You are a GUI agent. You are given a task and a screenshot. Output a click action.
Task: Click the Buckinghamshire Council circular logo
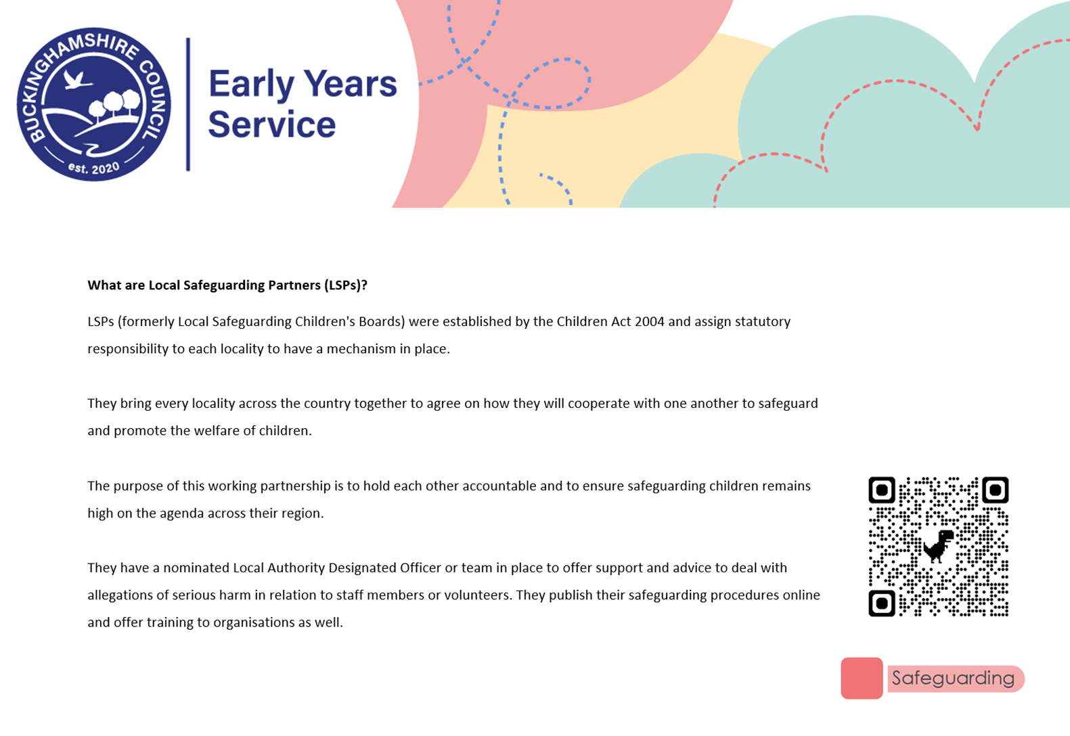93,104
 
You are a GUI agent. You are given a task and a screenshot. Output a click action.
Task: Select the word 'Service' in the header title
272,124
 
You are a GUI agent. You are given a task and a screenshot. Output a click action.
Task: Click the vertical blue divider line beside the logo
188,104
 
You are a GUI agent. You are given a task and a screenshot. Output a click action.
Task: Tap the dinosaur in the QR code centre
938,546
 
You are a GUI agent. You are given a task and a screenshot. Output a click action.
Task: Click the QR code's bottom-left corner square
882,603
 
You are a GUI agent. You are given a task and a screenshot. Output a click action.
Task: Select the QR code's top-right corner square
996,490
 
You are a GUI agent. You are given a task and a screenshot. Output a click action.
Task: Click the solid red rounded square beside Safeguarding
862,678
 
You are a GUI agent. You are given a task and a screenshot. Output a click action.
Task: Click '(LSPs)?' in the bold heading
345,285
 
